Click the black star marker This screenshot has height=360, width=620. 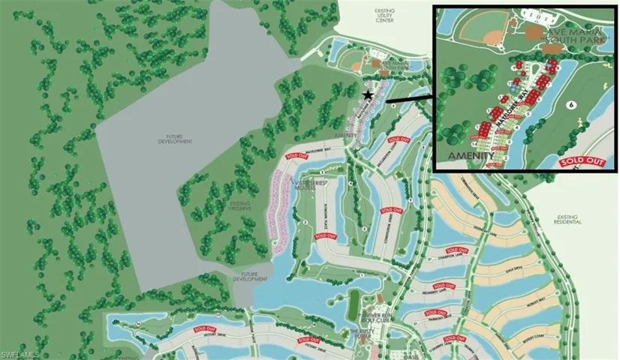click(367, 95)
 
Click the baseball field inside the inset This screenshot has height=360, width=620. click(483, 29)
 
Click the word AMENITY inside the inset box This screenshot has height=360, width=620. click(470, 154)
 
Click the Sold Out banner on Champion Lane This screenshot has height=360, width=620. click(456, 250)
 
